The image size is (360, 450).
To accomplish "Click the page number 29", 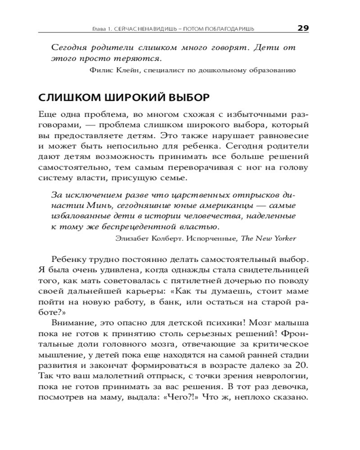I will (x=303, y=28).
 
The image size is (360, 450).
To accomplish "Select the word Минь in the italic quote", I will (x=94, y=206).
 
